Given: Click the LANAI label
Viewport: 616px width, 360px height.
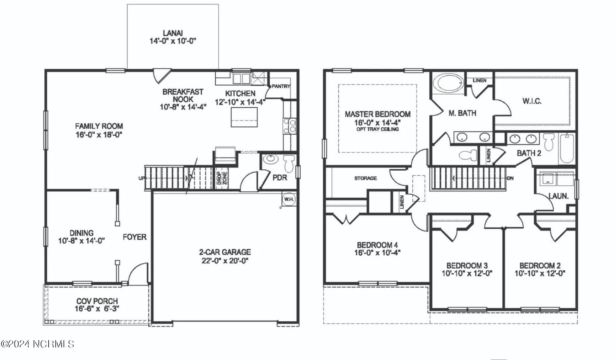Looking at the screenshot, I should point(173,33).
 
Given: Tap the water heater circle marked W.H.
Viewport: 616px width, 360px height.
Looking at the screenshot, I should point(289,199).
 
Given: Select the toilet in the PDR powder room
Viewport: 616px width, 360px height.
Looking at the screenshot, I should point(289,163).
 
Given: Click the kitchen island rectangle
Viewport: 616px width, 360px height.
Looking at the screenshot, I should point(244,117).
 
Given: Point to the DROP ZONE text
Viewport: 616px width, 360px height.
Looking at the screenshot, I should point(222,178).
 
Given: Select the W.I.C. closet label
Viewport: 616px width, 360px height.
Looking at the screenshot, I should point(532,101).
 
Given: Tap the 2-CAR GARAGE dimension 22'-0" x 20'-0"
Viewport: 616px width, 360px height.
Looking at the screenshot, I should point(225,261).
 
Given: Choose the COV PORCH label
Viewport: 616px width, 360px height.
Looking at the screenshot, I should point(97,301).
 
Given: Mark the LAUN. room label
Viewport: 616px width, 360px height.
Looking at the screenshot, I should point(558,196).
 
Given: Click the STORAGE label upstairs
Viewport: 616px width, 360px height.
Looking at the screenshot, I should point(365,178).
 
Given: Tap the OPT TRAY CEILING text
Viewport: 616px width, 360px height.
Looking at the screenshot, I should point(377,129).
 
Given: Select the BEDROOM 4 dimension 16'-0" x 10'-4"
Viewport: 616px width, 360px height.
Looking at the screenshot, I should point(377,253).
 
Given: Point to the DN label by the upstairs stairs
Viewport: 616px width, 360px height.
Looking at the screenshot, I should point(510,178).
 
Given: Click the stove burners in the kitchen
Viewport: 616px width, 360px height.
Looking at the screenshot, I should point(289,126).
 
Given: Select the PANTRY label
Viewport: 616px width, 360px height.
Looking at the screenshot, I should point(281,86).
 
